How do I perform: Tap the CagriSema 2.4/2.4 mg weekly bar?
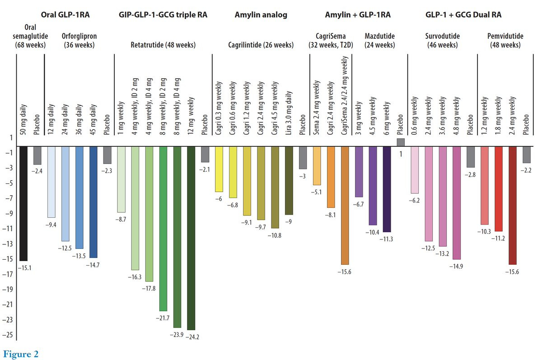345,205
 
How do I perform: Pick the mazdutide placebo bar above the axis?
401,142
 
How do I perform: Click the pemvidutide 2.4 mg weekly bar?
512,205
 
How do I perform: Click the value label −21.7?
162,318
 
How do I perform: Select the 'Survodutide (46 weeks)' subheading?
442,40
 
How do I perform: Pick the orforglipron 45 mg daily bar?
93,202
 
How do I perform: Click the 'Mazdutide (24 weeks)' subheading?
380,40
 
